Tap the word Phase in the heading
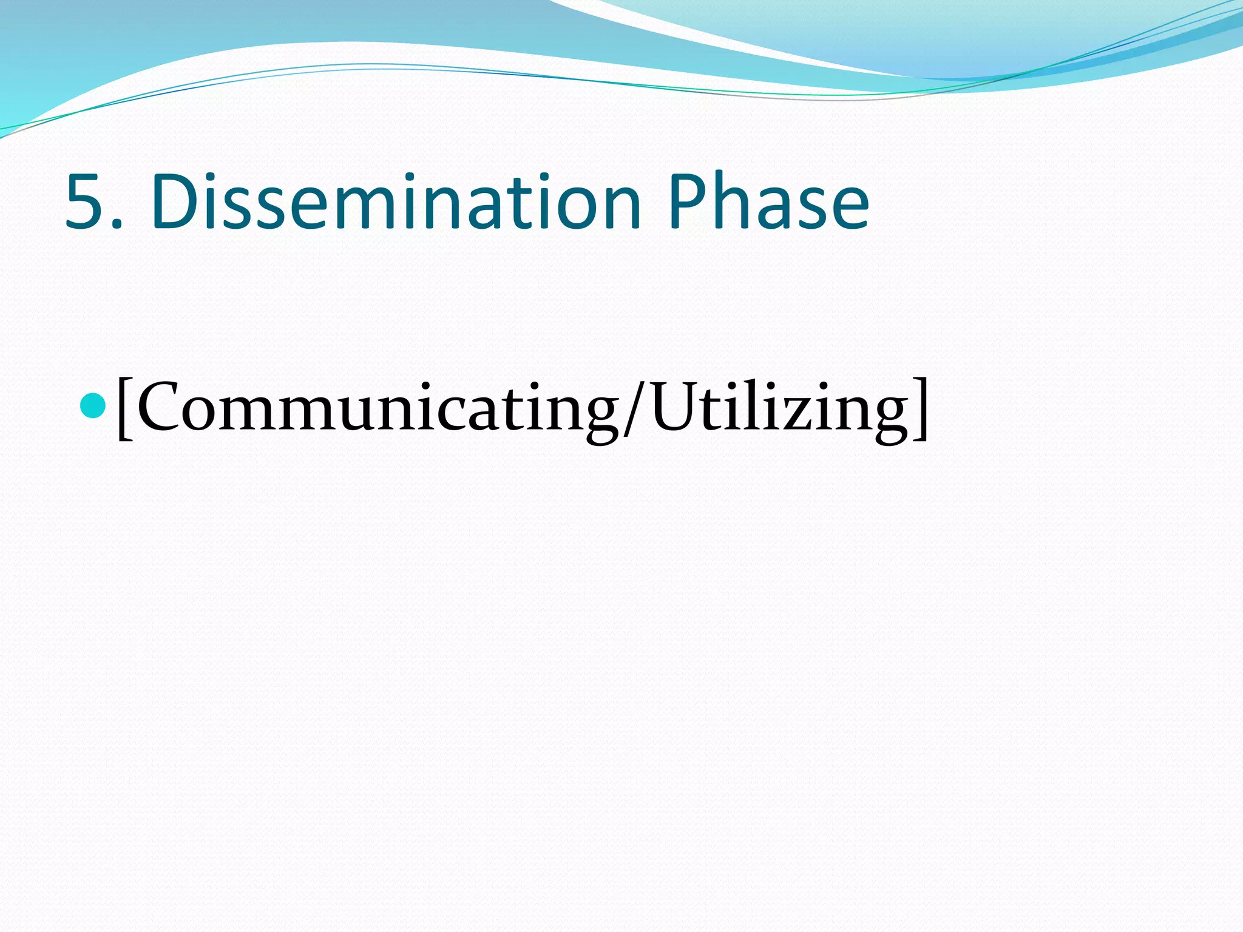tap(769, 202)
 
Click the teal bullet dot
tap(93, 406)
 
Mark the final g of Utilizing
tap(886, 419)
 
